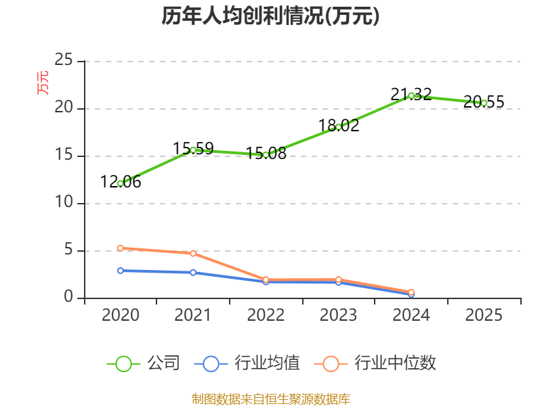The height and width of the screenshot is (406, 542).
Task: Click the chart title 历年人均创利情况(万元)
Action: point(270,16)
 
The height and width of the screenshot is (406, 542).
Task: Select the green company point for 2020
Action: point(121,183)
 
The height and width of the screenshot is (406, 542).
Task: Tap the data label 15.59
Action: point(193,148)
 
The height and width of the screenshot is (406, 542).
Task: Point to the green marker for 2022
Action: point(266,155)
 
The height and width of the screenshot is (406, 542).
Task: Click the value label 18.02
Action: point(339,125)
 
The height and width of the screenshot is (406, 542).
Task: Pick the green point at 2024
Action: point(411,96)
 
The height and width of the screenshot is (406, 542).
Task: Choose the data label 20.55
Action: point(484,101)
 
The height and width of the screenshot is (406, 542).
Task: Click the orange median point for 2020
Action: point(121,248)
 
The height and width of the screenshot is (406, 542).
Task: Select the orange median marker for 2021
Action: point(193,253)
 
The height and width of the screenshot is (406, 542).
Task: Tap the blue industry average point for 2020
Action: point(121,271)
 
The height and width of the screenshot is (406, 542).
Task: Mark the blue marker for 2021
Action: point(193,273)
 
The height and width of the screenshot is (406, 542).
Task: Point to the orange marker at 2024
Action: point(411,292)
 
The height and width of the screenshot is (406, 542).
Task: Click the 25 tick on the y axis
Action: point(64,60)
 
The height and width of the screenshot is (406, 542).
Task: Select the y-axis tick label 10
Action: point(64,202)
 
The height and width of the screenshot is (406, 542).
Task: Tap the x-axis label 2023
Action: point(338,315)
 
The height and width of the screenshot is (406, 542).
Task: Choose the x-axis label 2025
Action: point(484,315)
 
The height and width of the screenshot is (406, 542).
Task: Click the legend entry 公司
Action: point(144,363)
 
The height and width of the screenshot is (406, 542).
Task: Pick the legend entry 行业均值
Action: point(247,363)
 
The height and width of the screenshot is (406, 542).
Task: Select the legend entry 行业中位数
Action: point(375,363)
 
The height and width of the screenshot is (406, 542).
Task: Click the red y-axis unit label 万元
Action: point(43,83)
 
